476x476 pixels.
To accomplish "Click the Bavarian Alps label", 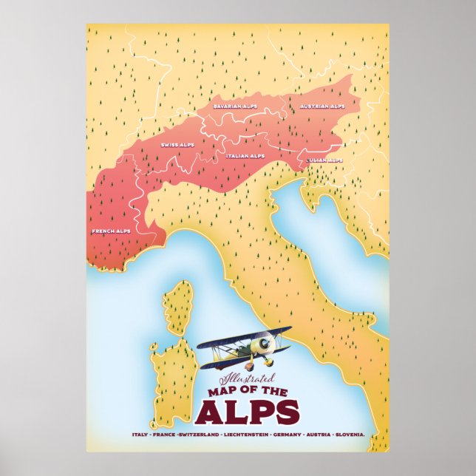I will (x=234, y=106).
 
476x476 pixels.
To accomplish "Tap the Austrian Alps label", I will (x=322, y=106).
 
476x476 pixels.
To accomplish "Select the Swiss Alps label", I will (x=177, y=145).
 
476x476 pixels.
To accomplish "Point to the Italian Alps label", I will (x=245, y=156).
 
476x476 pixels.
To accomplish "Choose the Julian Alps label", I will (x=324, y=160).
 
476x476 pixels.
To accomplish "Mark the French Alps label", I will (x=111, y=231).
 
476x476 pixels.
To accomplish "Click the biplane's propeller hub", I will (x=260, y=347).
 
